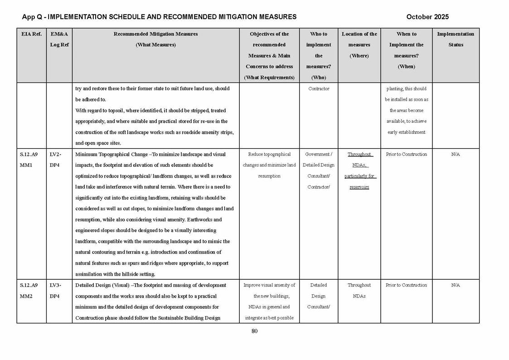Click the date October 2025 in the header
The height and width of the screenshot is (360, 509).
(427, 17)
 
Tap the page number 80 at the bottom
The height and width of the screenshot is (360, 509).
(254, 331)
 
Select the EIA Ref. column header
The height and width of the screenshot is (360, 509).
(31, 34)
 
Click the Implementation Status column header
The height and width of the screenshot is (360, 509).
(456, 39)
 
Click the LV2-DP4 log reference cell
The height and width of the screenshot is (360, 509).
(55, 160)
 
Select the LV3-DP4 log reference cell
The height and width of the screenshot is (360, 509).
(55, 291)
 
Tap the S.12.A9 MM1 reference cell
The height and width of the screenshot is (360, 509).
(29, 160)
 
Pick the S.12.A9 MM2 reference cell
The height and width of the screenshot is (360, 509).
(29, 291)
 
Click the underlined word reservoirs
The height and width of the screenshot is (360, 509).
(359, 187)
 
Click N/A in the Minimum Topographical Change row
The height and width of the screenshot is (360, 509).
(456, 154)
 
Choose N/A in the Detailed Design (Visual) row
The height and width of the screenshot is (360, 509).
(456, 285)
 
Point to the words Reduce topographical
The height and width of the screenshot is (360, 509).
(269, 154)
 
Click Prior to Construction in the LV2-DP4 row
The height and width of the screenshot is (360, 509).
(406, 154)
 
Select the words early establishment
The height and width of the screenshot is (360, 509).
(406, 132)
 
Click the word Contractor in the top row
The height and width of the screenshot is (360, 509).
(319, 89)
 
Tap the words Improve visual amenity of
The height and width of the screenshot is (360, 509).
(269, 285)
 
